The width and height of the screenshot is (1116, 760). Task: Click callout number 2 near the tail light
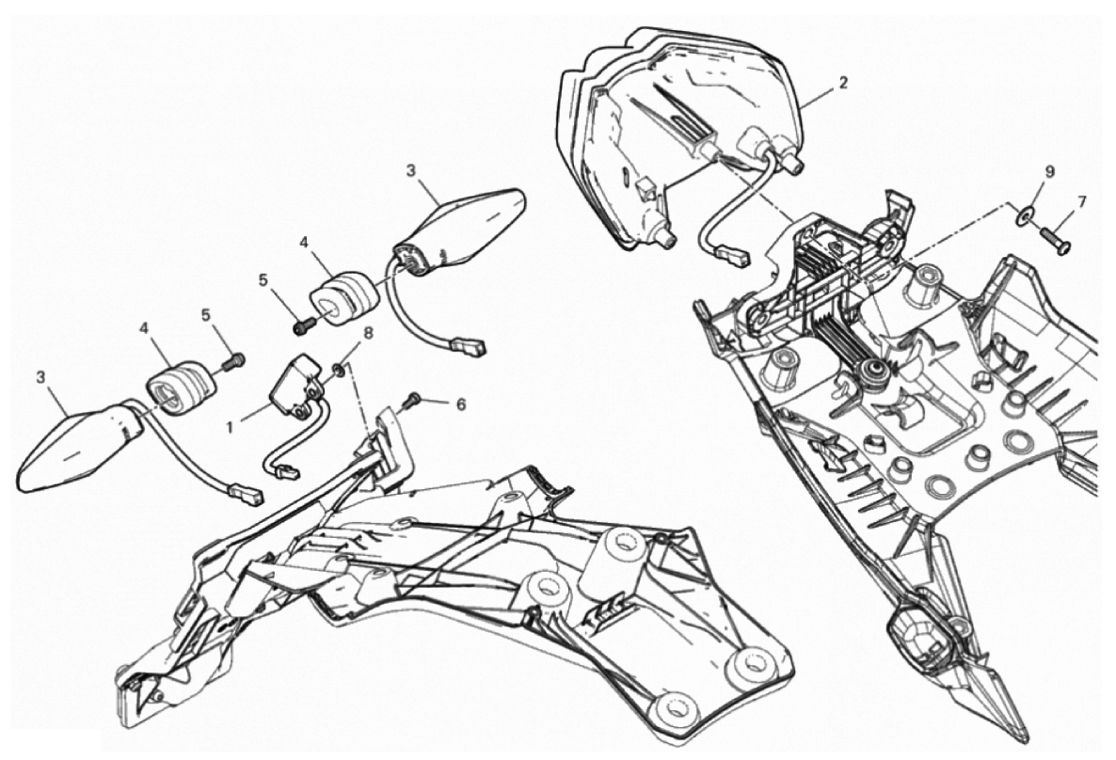coord(843,83)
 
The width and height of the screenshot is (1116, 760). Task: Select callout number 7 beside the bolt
coord(1082,201)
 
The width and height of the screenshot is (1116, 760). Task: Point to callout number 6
coord(460,404)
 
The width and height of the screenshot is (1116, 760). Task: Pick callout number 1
coord(230,427)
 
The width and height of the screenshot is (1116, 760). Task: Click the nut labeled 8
coord(340,368)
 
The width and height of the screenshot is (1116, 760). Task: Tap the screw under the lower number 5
coord(233,361)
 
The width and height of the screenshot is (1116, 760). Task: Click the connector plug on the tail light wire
coord(733,256)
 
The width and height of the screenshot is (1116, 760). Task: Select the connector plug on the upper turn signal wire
coord(471,346)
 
